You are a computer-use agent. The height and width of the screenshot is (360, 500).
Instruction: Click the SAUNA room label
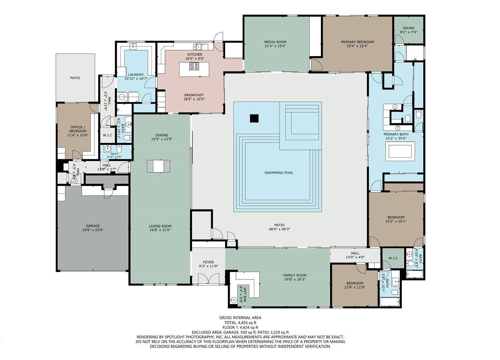coord(408,28)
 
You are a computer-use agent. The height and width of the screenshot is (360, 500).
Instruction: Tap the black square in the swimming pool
coord(254,118)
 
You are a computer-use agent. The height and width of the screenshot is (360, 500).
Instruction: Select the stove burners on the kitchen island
coord(194,66)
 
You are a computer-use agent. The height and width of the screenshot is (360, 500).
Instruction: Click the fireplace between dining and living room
coord(158,166)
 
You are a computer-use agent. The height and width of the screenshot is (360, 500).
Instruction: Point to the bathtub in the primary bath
coord(400,151)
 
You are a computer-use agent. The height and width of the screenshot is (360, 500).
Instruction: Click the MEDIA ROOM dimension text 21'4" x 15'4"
coord(275,46)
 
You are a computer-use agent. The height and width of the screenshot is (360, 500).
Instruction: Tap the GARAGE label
coord(93,226)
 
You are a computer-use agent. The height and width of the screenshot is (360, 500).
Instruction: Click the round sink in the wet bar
coord(234,300)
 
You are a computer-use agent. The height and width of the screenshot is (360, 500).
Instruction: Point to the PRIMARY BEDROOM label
coord(357,42)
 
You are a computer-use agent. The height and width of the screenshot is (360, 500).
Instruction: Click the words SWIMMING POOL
coord(279,173)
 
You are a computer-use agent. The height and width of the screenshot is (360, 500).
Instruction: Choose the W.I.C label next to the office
coord(107,135)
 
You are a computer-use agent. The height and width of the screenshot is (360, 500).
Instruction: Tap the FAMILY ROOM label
coord(295,275)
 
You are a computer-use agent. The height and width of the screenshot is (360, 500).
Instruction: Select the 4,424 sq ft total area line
coord(240,323)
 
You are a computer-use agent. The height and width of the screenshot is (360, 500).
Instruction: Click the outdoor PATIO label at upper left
coord(75,78)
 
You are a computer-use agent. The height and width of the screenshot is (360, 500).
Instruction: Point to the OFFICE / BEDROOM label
coord(77,129)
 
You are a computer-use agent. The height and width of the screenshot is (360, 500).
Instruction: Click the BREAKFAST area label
coord(194,95)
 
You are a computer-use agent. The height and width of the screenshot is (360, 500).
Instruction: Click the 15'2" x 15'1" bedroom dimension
coord(396,221)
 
